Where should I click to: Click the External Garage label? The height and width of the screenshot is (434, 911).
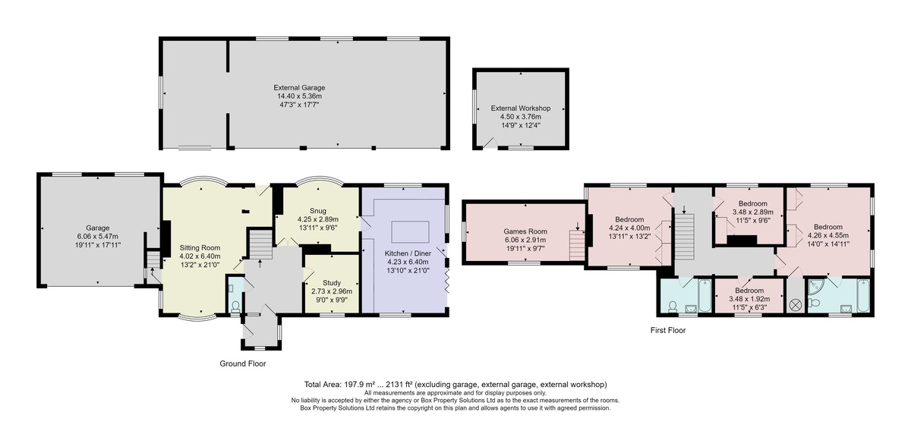coord(299,87)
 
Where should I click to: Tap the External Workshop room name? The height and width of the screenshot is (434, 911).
coord(521,108)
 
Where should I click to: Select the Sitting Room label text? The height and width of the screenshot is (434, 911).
coord(200,247)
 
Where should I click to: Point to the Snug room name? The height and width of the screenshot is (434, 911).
coord(317,210)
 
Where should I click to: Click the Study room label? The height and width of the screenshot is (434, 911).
coord(332,282)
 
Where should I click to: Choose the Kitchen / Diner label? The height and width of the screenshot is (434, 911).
coord(408,253)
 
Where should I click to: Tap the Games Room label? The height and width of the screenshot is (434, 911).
coord(525,231)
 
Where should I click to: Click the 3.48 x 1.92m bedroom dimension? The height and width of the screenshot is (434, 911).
coord(749,299)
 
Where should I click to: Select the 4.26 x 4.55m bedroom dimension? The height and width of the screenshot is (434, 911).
coord(828,236)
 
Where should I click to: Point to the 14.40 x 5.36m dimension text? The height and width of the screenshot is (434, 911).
coord(299,96)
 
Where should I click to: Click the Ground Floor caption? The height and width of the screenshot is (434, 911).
coord(243,363)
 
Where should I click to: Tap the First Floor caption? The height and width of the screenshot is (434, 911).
coord(668,330)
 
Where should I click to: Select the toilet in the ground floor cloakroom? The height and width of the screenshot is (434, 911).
coord(235,307)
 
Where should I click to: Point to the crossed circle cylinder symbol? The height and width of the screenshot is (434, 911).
coord(795,304)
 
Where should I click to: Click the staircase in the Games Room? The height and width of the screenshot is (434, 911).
coord(577,245)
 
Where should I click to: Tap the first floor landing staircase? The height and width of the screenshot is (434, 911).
coord(685,237)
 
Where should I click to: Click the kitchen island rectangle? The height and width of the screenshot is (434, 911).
coord(410,232)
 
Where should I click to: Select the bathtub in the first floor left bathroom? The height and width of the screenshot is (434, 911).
coord(705,296)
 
